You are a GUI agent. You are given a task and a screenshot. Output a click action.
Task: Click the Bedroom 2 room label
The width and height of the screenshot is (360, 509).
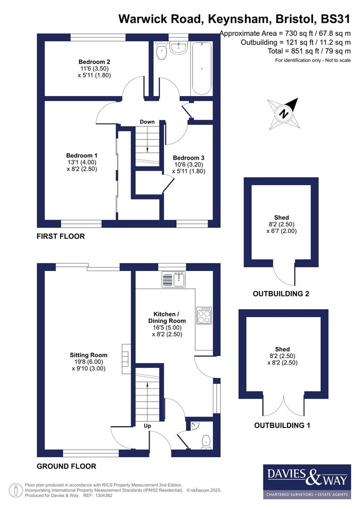(94, 62)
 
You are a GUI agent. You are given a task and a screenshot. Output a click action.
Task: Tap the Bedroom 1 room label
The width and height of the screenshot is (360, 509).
(82, 156)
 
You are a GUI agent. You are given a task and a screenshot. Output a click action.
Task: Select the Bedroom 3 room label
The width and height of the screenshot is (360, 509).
(188, 158)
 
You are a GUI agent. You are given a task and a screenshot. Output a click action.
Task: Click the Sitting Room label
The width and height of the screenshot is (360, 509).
(89, 355)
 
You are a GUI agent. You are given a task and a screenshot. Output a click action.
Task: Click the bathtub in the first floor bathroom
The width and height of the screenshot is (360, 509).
(202, 69)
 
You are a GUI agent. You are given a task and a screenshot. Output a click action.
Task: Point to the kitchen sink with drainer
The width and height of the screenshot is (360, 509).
(174, 280)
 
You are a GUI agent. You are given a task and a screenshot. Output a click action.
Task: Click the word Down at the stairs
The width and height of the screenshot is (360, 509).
(147, 122)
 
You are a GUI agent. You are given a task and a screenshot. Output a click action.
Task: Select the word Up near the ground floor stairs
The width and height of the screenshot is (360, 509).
(147, 426)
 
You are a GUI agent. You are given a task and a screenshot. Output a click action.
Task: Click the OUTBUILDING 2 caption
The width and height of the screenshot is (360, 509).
(281, 294)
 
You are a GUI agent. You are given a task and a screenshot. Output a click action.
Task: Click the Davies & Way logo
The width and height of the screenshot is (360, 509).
(307, 481)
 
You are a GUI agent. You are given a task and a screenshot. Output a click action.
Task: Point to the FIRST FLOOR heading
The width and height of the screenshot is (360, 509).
(61, 236)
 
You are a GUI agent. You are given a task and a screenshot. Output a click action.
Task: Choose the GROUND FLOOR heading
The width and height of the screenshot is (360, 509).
(66, 466)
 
